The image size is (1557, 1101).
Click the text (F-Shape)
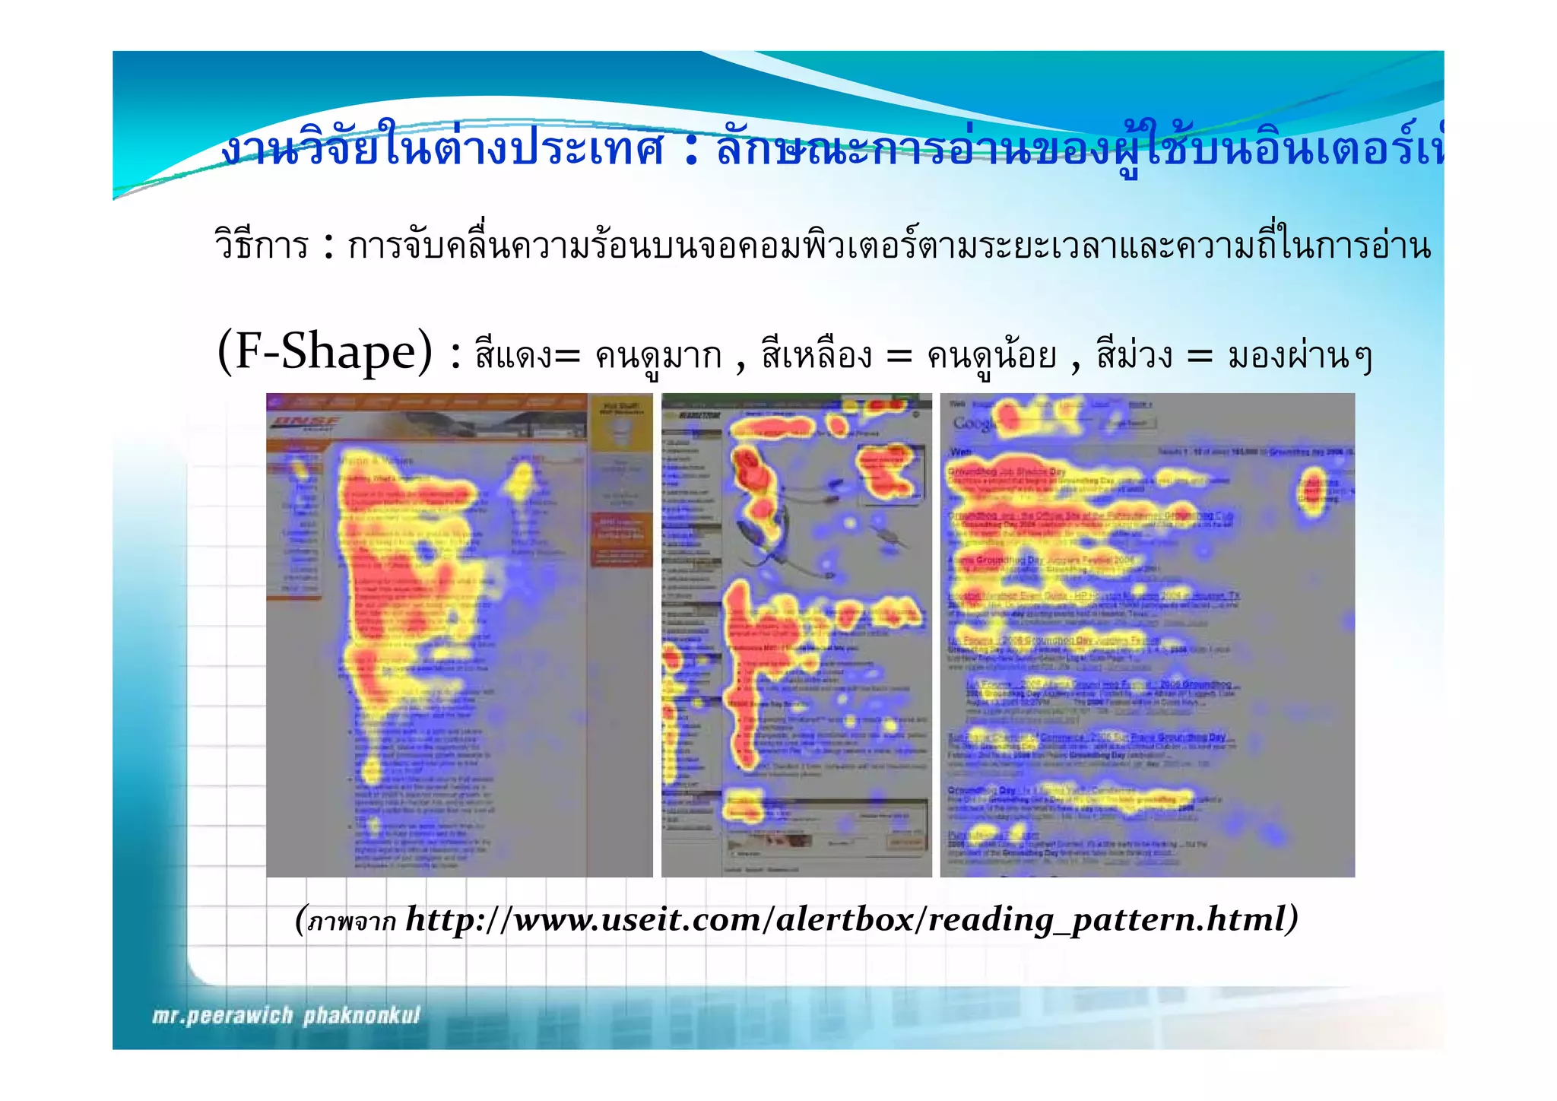click(325, 352)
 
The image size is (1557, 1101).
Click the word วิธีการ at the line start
click(262, 246)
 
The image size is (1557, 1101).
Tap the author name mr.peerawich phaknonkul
click(286, 1016)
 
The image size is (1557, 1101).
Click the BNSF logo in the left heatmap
click(307, 423)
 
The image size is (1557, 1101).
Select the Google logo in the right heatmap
click(972, 423)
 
